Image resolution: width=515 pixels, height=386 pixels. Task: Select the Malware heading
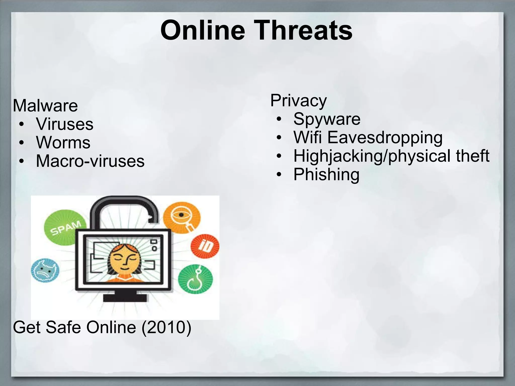tap(45, 106)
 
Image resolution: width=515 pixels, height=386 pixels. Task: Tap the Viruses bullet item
tap(65, 124)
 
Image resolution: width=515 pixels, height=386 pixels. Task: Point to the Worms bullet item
tap(63, 142)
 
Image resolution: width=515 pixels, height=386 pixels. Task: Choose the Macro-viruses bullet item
tap(90, 161)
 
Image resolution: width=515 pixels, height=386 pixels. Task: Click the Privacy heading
tap(298, 101)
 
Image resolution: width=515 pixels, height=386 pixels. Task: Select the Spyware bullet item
tap(327, 119)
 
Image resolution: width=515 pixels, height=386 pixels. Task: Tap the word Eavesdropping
tap(385, 137)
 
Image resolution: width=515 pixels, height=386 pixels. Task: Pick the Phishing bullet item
tap(326, 174)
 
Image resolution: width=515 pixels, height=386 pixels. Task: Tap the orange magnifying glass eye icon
tap(182, 217)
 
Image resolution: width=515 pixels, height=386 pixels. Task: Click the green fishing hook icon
tap(195, 279)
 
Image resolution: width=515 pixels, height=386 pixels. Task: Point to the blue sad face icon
tap(45, 270)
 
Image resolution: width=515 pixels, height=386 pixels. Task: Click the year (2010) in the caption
tap(166, 327)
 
